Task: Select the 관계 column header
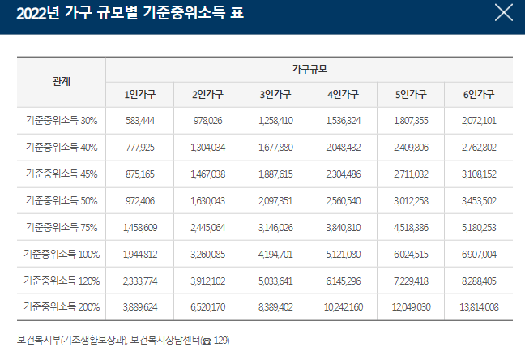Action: [61, 82]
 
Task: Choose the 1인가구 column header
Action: [139, 94]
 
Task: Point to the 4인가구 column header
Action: [343, 94]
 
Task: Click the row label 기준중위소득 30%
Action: [62, 121]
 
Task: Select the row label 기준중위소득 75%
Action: [62, 227]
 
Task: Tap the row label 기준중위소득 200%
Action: [62, 306]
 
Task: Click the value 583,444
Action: [139, 121]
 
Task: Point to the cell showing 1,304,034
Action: [207, 148]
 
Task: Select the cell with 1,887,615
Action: [275, 174]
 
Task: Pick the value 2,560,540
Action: [343, 200]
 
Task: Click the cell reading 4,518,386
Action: [411, 227]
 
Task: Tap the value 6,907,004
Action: [479, 254]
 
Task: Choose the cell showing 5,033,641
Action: [275, 280]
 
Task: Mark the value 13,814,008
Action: [479, 306]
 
